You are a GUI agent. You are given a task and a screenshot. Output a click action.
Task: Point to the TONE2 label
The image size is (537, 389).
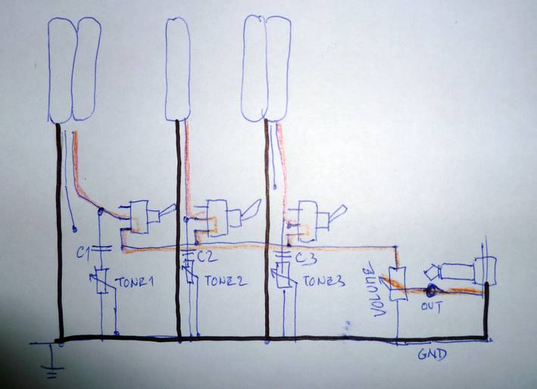[x=224, y=282]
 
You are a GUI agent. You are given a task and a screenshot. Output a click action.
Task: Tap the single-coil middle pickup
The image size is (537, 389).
[x=177, y=68]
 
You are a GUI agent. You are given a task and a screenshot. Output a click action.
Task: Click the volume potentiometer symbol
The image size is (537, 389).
[x=397, y=281]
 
